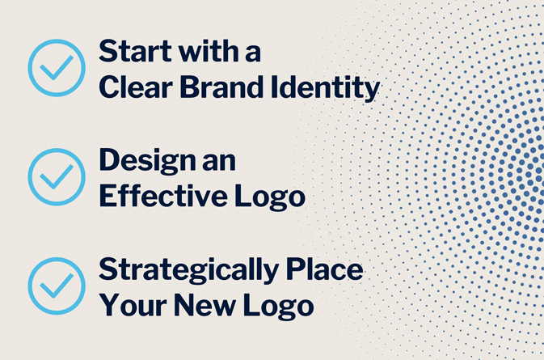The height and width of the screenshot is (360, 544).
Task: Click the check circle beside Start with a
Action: tap(57, 67)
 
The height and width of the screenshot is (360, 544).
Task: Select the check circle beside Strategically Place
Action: tap(57, 286)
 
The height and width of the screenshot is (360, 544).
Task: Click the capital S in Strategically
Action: tap(107, 269)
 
